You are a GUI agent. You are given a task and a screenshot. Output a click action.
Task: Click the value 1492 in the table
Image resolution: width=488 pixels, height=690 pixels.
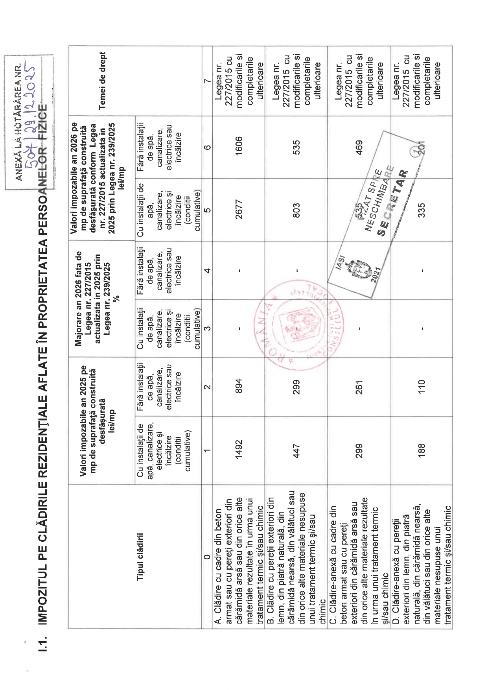point(239,449)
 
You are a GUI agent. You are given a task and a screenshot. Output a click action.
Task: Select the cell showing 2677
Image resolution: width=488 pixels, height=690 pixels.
point(239,209)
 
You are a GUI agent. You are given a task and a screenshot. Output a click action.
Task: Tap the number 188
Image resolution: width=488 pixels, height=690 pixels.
point(421,450)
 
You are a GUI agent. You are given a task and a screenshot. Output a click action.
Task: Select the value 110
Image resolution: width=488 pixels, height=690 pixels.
point(421,387)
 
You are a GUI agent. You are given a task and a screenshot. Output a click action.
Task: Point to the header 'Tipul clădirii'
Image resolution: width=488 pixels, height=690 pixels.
point(140,556)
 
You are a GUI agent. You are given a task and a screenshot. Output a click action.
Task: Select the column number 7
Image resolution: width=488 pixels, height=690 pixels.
point(207,81)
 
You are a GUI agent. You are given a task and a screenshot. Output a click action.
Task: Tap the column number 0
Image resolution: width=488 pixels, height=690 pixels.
point(207,556)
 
